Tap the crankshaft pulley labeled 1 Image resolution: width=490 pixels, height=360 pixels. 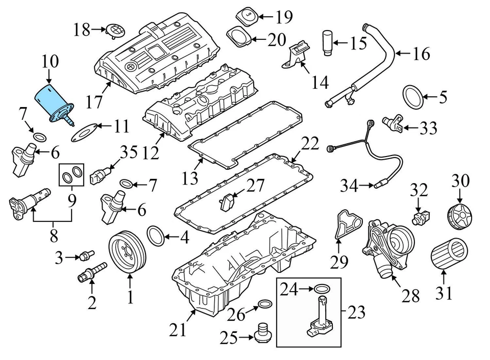128,251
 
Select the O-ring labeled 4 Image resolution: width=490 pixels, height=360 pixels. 156,235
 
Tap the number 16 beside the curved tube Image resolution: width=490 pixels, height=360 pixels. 421,53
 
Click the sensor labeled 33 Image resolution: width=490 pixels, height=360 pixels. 394,122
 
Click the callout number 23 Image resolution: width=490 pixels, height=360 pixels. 357,312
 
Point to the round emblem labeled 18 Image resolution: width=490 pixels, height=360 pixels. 114,30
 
